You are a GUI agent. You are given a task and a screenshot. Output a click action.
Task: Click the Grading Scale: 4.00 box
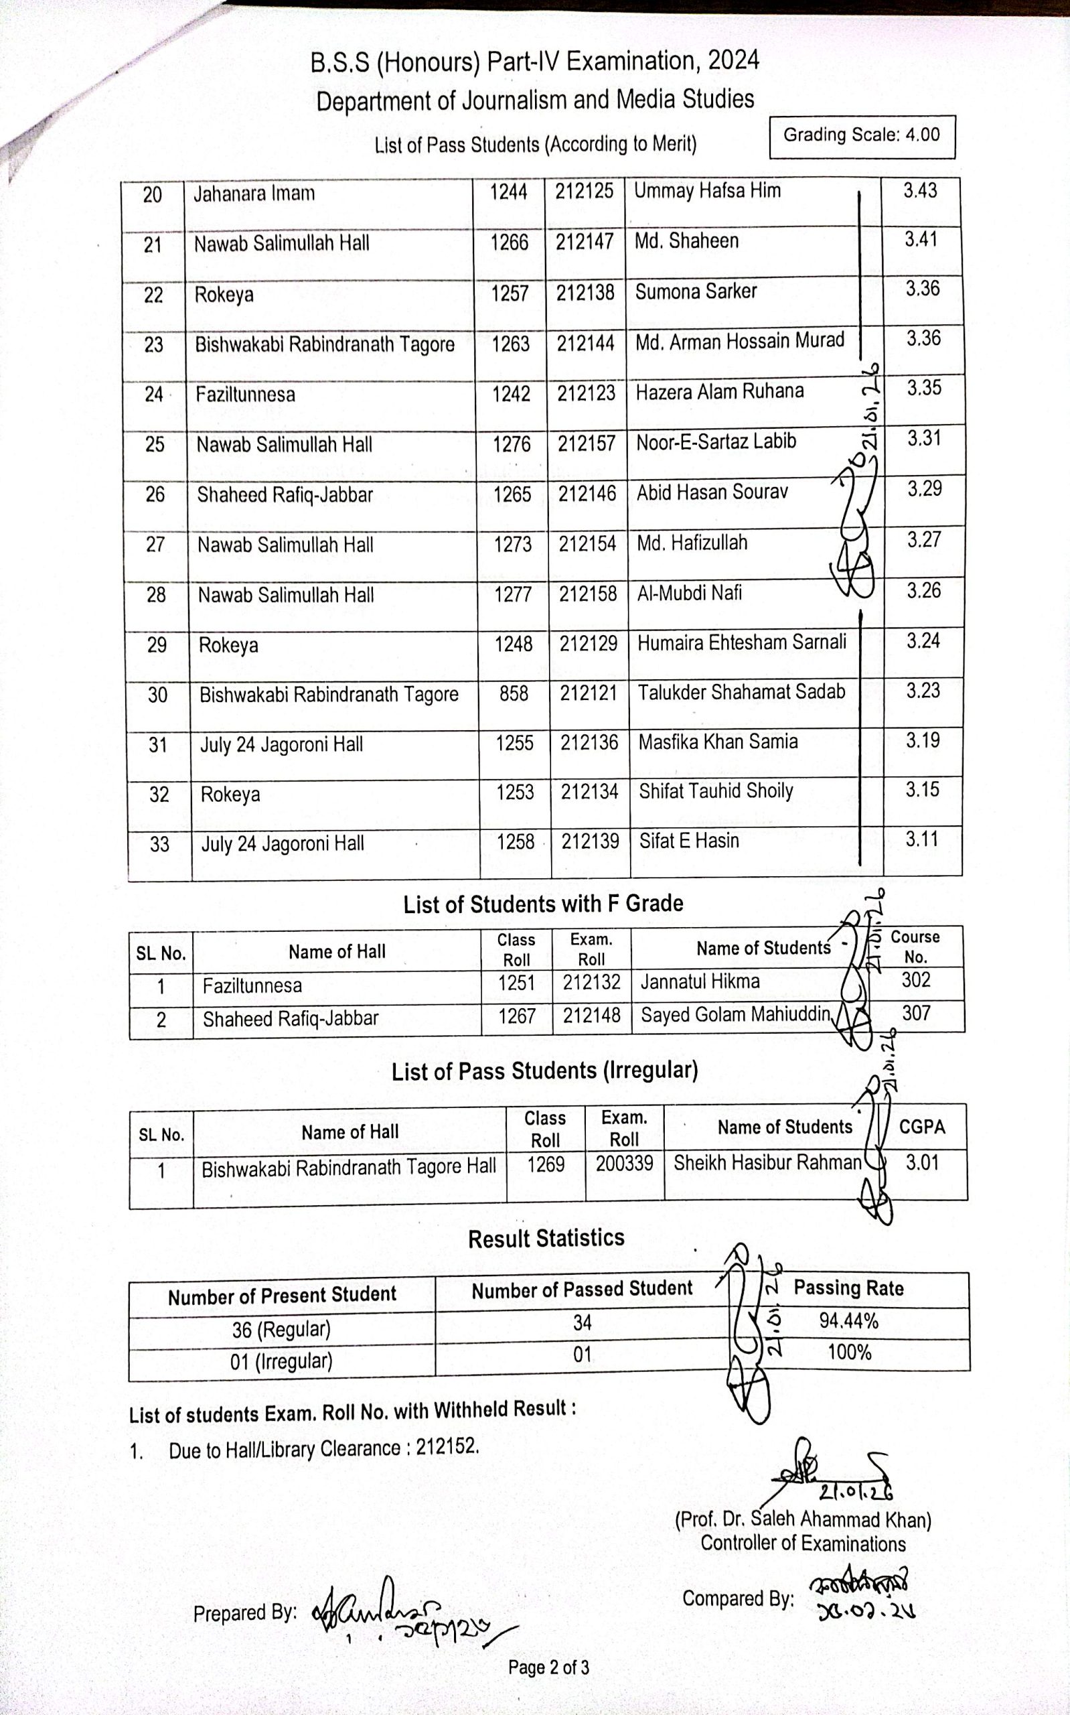(x=861, y=136)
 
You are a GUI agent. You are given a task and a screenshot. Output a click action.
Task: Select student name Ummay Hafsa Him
(x=707, y=191)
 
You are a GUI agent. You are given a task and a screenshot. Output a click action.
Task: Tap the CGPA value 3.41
(x=921, y=240)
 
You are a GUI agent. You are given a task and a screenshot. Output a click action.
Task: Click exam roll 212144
(x=585, y=343)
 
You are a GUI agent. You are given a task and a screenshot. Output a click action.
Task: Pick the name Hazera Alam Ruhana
(x=719, y=391)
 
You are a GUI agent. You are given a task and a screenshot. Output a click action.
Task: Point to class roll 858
(x=514, y=693)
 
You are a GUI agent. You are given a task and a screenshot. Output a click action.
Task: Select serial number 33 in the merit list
(x=159, y=843)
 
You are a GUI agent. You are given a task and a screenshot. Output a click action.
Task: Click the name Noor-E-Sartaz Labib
(x=716, y=441)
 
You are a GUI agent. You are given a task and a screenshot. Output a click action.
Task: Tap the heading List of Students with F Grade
(x=543, y=904)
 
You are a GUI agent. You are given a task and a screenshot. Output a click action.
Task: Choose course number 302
(x=916, y=980)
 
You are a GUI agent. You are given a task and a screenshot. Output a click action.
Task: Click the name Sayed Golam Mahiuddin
(x=735, y=1015)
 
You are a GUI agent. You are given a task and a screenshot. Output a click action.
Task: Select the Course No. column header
(x=915, y=947)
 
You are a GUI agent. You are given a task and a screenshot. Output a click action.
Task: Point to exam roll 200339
(x=623, y=1164)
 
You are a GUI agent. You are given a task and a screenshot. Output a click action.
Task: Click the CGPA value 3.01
(x=922, y=1163)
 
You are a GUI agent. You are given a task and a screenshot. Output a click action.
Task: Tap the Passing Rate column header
(x=848, y=1288)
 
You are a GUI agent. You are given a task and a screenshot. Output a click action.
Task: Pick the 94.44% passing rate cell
(x=848, y=1321)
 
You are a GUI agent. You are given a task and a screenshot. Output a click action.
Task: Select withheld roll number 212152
(x=447, y=1446)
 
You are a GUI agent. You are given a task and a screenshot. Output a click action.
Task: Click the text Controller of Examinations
(x=802, y=1543)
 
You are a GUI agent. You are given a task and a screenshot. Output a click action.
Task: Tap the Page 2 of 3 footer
(x=548, y=1667)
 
